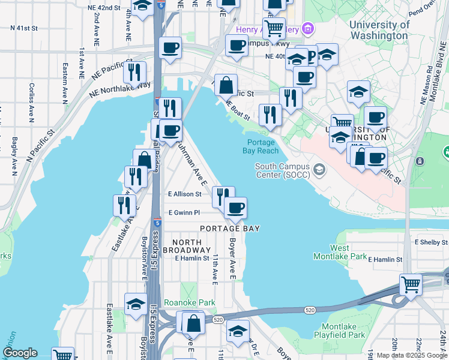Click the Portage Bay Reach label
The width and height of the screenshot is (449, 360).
(261, 146)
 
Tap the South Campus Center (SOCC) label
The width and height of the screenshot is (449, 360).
(282, 170)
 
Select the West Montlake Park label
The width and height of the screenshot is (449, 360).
(339, 252)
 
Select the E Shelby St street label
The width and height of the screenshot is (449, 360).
(431, 242)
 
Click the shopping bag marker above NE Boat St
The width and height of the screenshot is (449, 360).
(226, 85)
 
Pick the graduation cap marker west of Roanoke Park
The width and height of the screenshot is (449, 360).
(136, 304)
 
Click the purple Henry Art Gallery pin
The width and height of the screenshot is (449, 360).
(308, 28)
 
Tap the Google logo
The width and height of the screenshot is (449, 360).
(20, 353)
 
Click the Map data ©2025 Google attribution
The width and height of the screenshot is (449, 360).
(412, 355)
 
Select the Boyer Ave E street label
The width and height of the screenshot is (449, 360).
(232, 260)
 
